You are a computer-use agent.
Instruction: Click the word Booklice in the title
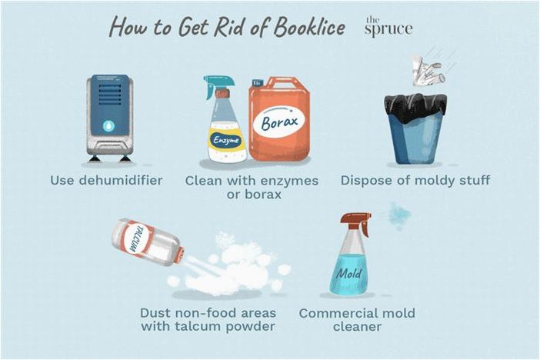click(309, 27)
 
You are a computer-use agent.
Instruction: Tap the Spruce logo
click(388, 26)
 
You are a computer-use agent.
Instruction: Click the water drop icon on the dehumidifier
click(108, 127)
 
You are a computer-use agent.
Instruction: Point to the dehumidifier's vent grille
click(110, 94)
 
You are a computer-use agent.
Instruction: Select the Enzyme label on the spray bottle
click(226, 140)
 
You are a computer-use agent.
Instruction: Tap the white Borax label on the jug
click(279, 122)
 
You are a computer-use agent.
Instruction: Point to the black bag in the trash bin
click(415, 108)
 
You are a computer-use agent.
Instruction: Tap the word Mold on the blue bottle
click(349, 274)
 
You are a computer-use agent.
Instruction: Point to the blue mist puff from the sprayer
click(399, 215)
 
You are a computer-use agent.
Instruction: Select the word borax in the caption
click(263, 195)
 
